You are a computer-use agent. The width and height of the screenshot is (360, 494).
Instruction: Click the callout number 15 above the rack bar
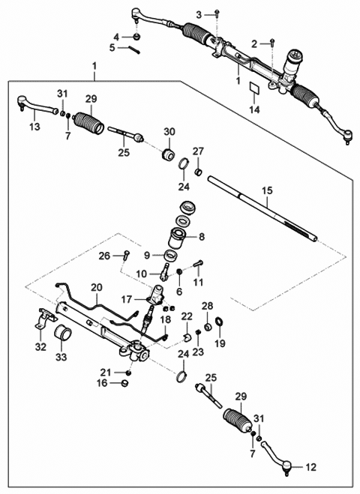267,191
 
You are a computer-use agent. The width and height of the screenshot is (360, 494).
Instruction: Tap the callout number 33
61,358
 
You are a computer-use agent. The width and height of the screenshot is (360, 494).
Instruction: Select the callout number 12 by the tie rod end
310,467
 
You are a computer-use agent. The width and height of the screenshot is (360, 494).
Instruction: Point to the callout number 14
254,109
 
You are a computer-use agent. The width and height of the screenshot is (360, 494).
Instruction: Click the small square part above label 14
254,87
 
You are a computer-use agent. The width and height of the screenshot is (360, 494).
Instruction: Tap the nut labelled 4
136,37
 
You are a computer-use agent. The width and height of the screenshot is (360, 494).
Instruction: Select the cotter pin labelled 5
134,49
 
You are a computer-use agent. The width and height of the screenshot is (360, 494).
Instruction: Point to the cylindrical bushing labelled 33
63,333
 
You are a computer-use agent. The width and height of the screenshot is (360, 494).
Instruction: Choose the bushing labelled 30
168,154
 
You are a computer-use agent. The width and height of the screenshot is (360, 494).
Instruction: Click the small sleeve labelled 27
198,172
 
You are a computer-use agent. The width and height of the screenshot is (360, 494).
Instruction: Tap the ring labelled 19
220,322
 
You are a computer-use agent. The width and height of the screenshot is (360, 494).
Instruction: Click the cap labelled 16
125,383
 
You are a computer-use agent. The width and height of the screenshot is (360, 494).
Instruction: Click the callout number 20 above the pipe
97,288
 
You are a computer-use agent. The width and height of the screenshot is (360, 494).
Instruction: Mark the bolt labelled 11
198,263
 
